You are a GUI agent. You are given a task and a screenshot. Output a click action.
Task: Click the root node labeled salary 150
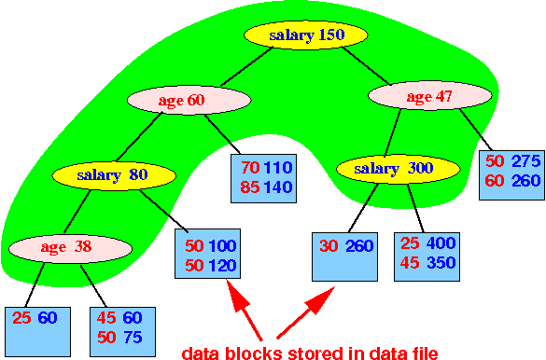(x=307, y=35)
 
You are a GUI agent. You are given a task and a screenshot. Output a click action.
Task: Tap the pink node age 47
(x=431, y=95)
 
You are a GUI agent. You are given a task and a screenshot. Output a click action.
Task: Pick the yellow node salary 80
(x=114, y=174)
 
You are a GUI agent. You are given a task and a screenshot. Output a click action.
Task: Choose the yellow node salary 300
(x=397, y=169)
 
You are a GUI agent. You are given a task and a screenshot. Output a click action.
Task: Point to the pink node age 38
(x=71, y=248)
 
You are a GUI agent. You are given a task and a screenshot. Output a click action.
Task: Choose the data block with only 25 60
(x=35, y=328)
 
